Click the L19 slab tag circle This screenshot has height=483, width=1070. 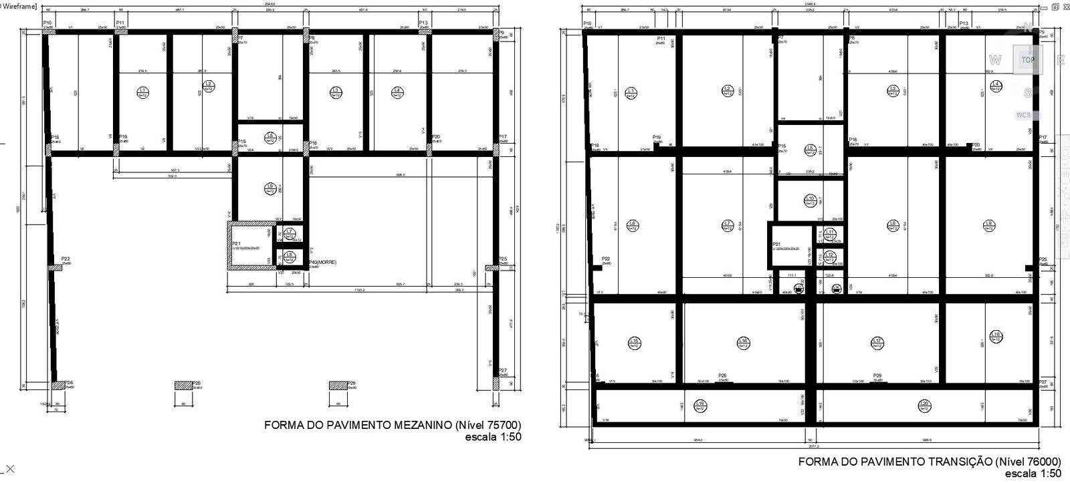[x=700, y=404]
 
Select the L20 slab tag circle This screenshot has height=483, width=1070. [x=924, y=404]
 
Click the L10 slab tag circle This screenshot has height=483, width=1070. [x=810, y=199]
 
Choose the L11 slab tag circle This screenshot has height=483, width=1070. [x=830, y=233]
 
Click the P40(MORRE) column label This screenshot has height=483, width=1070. [x=322, y=263]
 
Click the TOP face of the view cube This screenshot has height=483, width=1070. [x=1028, y=59]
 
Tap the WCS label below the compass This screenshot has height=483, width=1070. [x=1023, y=115]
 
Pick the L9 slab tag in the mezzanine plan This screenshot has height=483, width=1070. [x=270, y=188]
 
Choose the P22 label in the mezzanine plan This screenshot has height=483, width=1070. [x=66, y=259]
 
